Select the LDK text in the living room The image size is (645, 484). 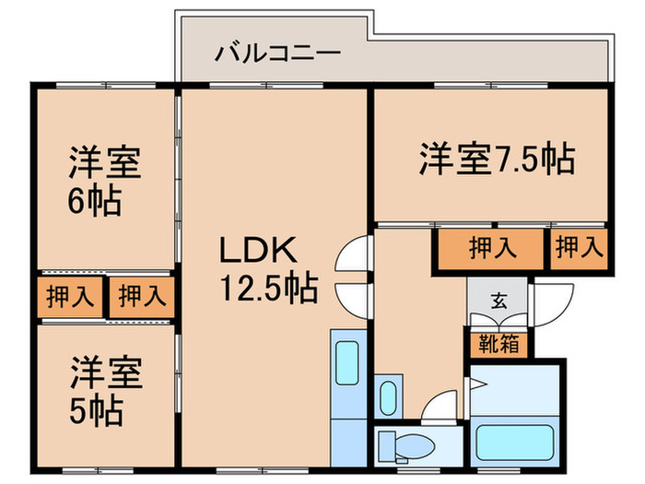pyautogui.click(x=258, y=250)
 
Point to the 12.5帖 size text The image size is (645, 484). pyautogui.click(x=268, y=289)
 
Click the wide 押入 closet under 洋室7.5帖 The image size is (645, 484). pyautogui.click(x=492, y=247)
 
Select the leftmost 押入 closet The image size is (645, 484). pyautogui.click(x=70, y=297)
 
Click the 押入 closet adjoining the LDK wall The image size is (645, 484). pyautogui.click(x=142, y=297)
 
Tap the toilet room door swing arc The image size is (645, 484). pyautogui.click(x=440, y=407)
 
